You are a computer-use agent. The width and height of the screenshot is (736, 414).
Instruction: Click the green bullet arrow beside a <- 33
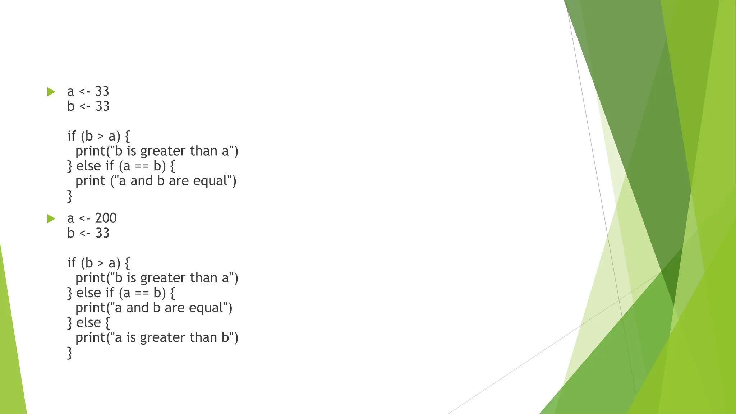51,92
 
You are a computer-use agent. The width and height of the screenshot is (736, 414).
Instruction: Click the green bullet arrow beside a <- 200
51,218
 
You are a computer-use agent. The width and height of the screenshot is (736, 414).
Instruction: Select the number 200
106,218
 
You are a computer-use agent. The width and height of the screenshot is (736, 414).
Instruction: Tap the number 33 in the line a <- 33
102,91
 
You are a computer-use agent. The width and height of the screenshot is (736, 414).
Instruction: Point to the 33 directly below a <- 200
102,233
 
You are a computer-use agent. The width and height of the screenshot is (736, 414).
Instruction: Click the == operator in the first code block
142,166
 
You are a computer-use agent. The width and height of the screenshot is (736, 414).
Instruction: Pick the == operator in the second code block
142,293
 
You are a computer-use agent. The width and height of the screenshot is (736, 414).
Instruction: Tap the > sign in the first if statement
101,137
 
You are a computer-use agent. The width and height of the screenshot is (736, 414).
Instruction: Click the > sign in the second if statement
101,263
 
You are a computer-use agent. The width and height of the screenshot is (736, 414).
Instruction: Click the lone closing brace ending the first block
70,196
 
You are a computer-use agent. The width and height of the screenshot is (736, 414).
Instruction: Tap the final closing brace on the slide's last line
70,353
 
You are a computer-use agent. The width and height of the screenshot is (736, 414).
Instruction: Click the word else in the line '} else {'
88,323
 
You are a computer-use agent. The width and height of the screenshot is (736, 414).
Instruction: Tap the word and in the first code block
142,181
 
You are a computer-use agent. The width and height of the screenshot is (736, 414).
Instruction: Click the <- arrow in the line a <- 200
84,218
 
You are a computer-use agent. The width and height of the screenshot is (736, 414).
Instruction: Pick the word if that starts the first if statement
71,136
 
